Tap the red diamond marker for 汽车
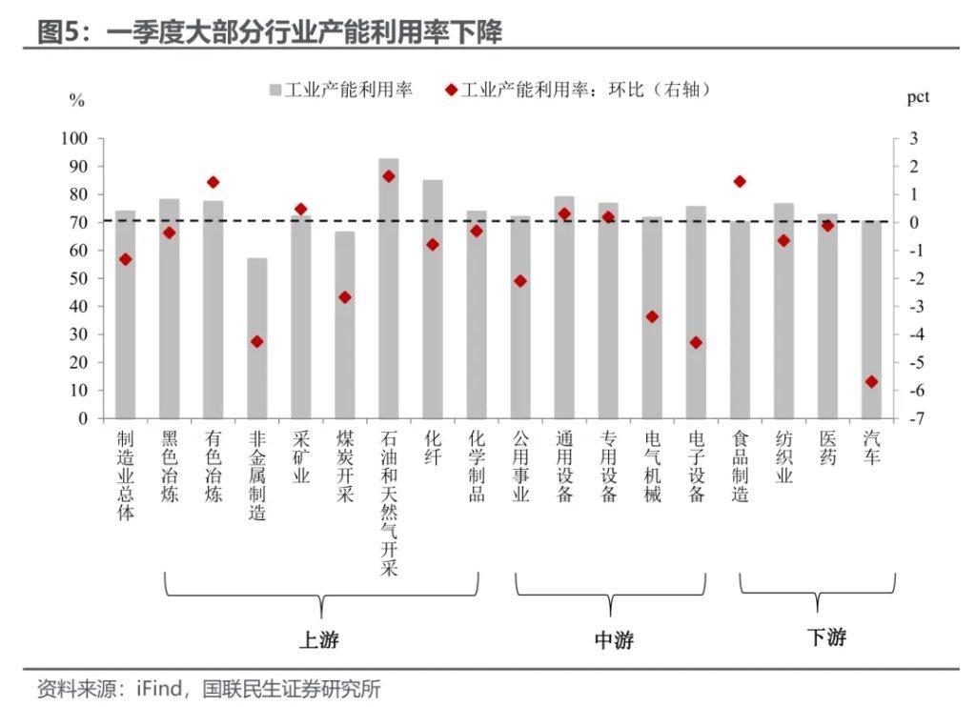tap(870, 382)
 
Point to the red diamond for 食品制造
tap(740, 181)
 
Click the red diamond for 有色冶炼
tap(213, 182)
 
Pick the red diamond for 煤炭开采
tap(345, 297)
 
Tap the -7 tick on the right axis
tap(912, 418)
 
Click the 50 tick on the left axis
tap(79, 278)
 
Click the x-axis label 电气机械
tap(652, 467)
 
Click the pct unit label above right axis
tap(917, 96)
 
